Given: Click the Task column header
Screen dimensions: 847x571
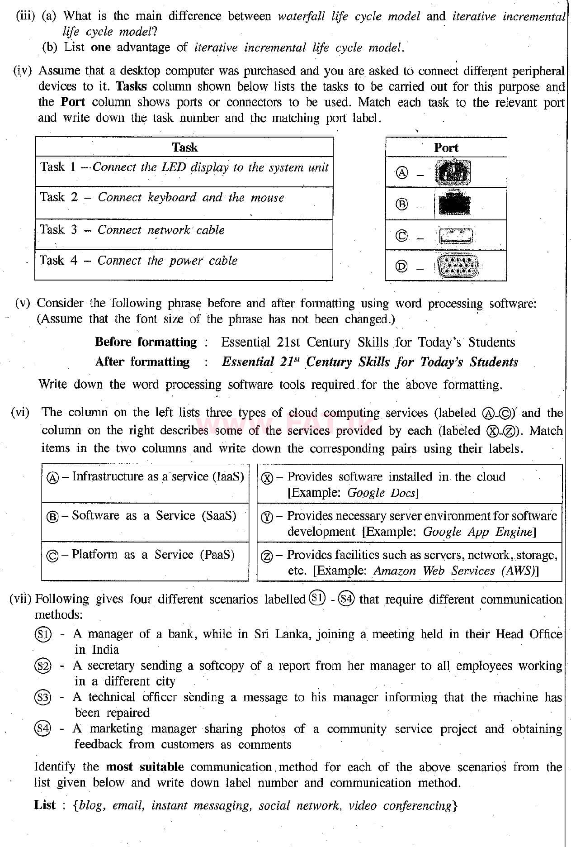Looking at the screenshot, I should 184,148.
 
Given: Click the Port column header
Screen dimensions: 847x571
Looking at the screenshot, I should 446,148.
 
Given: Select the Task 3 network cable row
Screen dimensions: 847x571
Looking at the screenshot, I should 184,230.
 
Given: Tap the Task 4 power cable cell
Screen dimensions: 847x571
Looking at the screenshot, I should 184,261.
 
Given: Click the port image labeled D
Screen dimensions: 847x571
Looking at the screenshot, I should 457,266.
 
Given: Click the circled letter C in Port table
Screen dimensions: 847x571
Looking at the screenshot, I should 401,236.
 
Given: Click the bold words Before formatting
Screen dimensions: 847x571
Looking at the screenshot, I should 146,342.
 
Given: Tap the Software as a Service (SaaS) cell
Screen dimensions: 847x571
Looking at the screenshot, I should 145,516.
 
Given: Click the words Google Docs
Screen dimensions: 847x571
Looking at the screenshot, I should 382,493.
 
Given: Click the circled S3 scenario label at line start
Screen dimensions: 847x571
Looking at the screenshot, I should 43,698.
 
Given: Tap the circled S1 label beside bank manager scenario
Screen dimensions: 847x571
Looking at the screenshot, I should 43,634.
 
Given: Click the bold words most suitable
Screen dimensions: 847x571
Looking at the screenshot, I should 145,767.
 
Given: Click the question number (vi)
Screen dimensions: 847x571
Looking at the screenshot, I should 20,413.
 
